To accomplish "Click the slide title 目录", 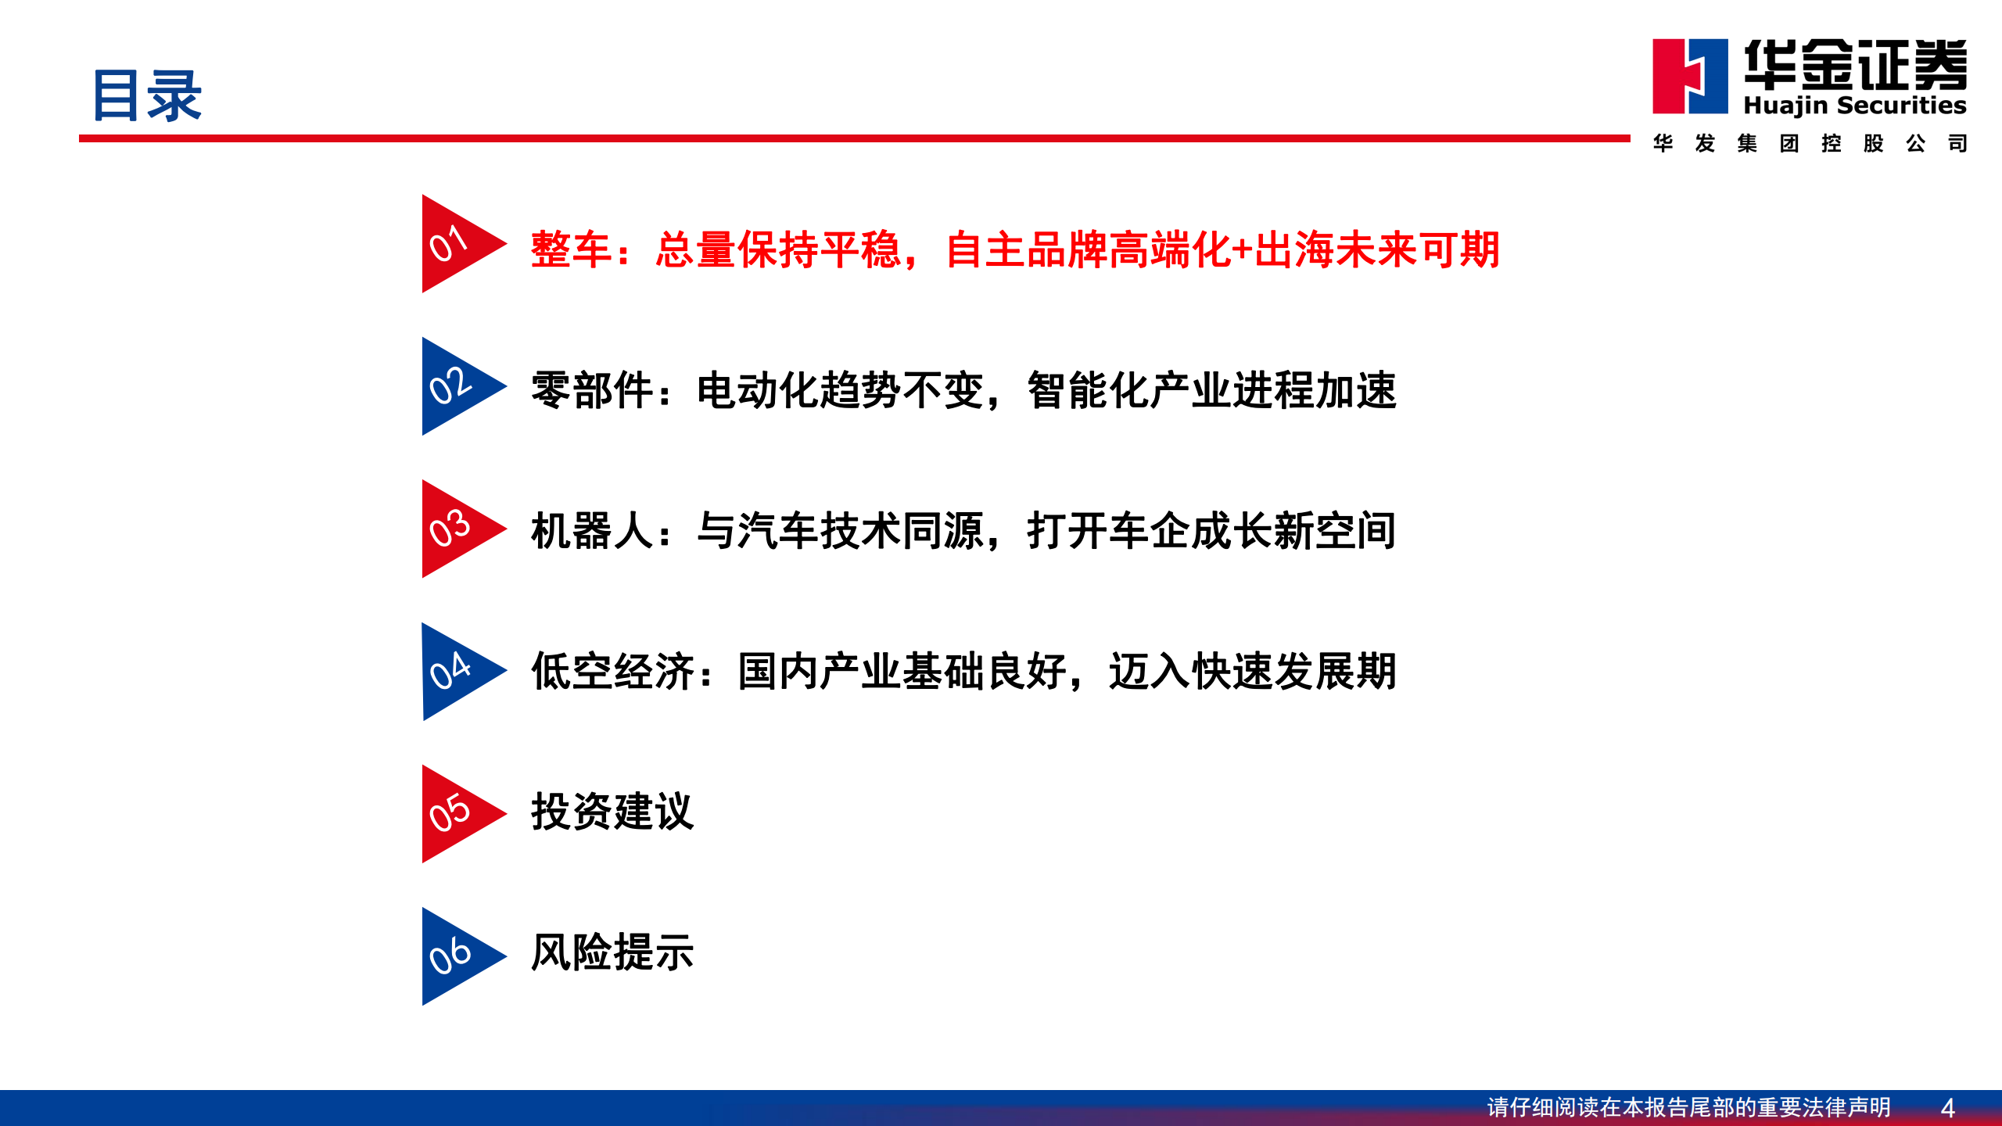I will click(147, 96).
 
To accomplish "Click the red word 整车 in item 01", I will click(571, 250).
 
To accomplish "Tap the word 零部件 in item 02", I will click(592, 390).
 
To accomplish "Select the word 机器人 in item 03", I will click(592, 531).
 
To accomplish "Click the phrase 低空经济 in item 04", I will click(612, 672).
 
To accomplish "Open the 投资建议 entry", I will click(612, 812).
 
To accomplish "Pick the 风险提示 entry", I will click(612, 952).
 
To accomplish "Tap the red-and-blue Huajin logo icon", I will click(1690, 77).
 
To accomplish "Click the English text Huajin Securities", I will click(1855, 106).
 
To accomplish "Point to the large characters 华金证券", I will click(1855, 65).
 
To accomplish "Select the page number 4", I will click(1948, 1108).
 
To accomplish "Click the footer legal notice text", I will click(1688, 1107).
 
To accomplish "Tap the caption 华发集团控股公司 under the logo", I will click(1810, 144).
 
